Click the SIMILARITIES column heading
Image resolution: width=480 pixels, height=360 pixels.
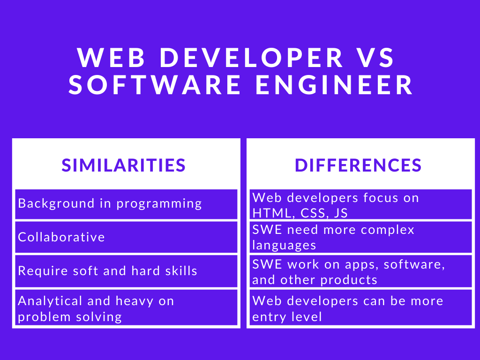[124, 165]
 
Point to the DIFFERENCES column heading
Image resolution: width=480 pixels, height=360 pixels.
[359, 165]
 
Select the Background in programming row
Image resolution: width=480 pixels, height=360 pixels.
[126, 204]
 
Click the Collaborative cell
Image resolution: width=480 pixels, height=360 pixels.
[126, 237]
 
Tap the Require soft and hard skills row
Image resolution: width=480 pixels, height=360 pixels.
[126, 271]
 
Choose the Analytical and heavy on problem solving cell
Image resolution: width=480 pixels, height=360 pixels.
[126, 308]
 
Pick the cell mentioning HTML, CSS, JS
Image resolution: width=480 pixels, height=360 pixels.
[360, 205]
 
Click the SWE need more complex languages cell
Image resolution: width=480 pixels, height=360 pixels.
[360, 237]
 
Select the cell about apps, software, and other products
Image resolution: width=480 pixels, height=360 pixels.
[360, 271]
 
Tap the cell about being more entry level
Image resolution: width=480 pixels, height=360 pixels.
[360, 308]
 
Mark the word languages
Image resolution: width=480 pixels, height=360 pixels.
[284, 245]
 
